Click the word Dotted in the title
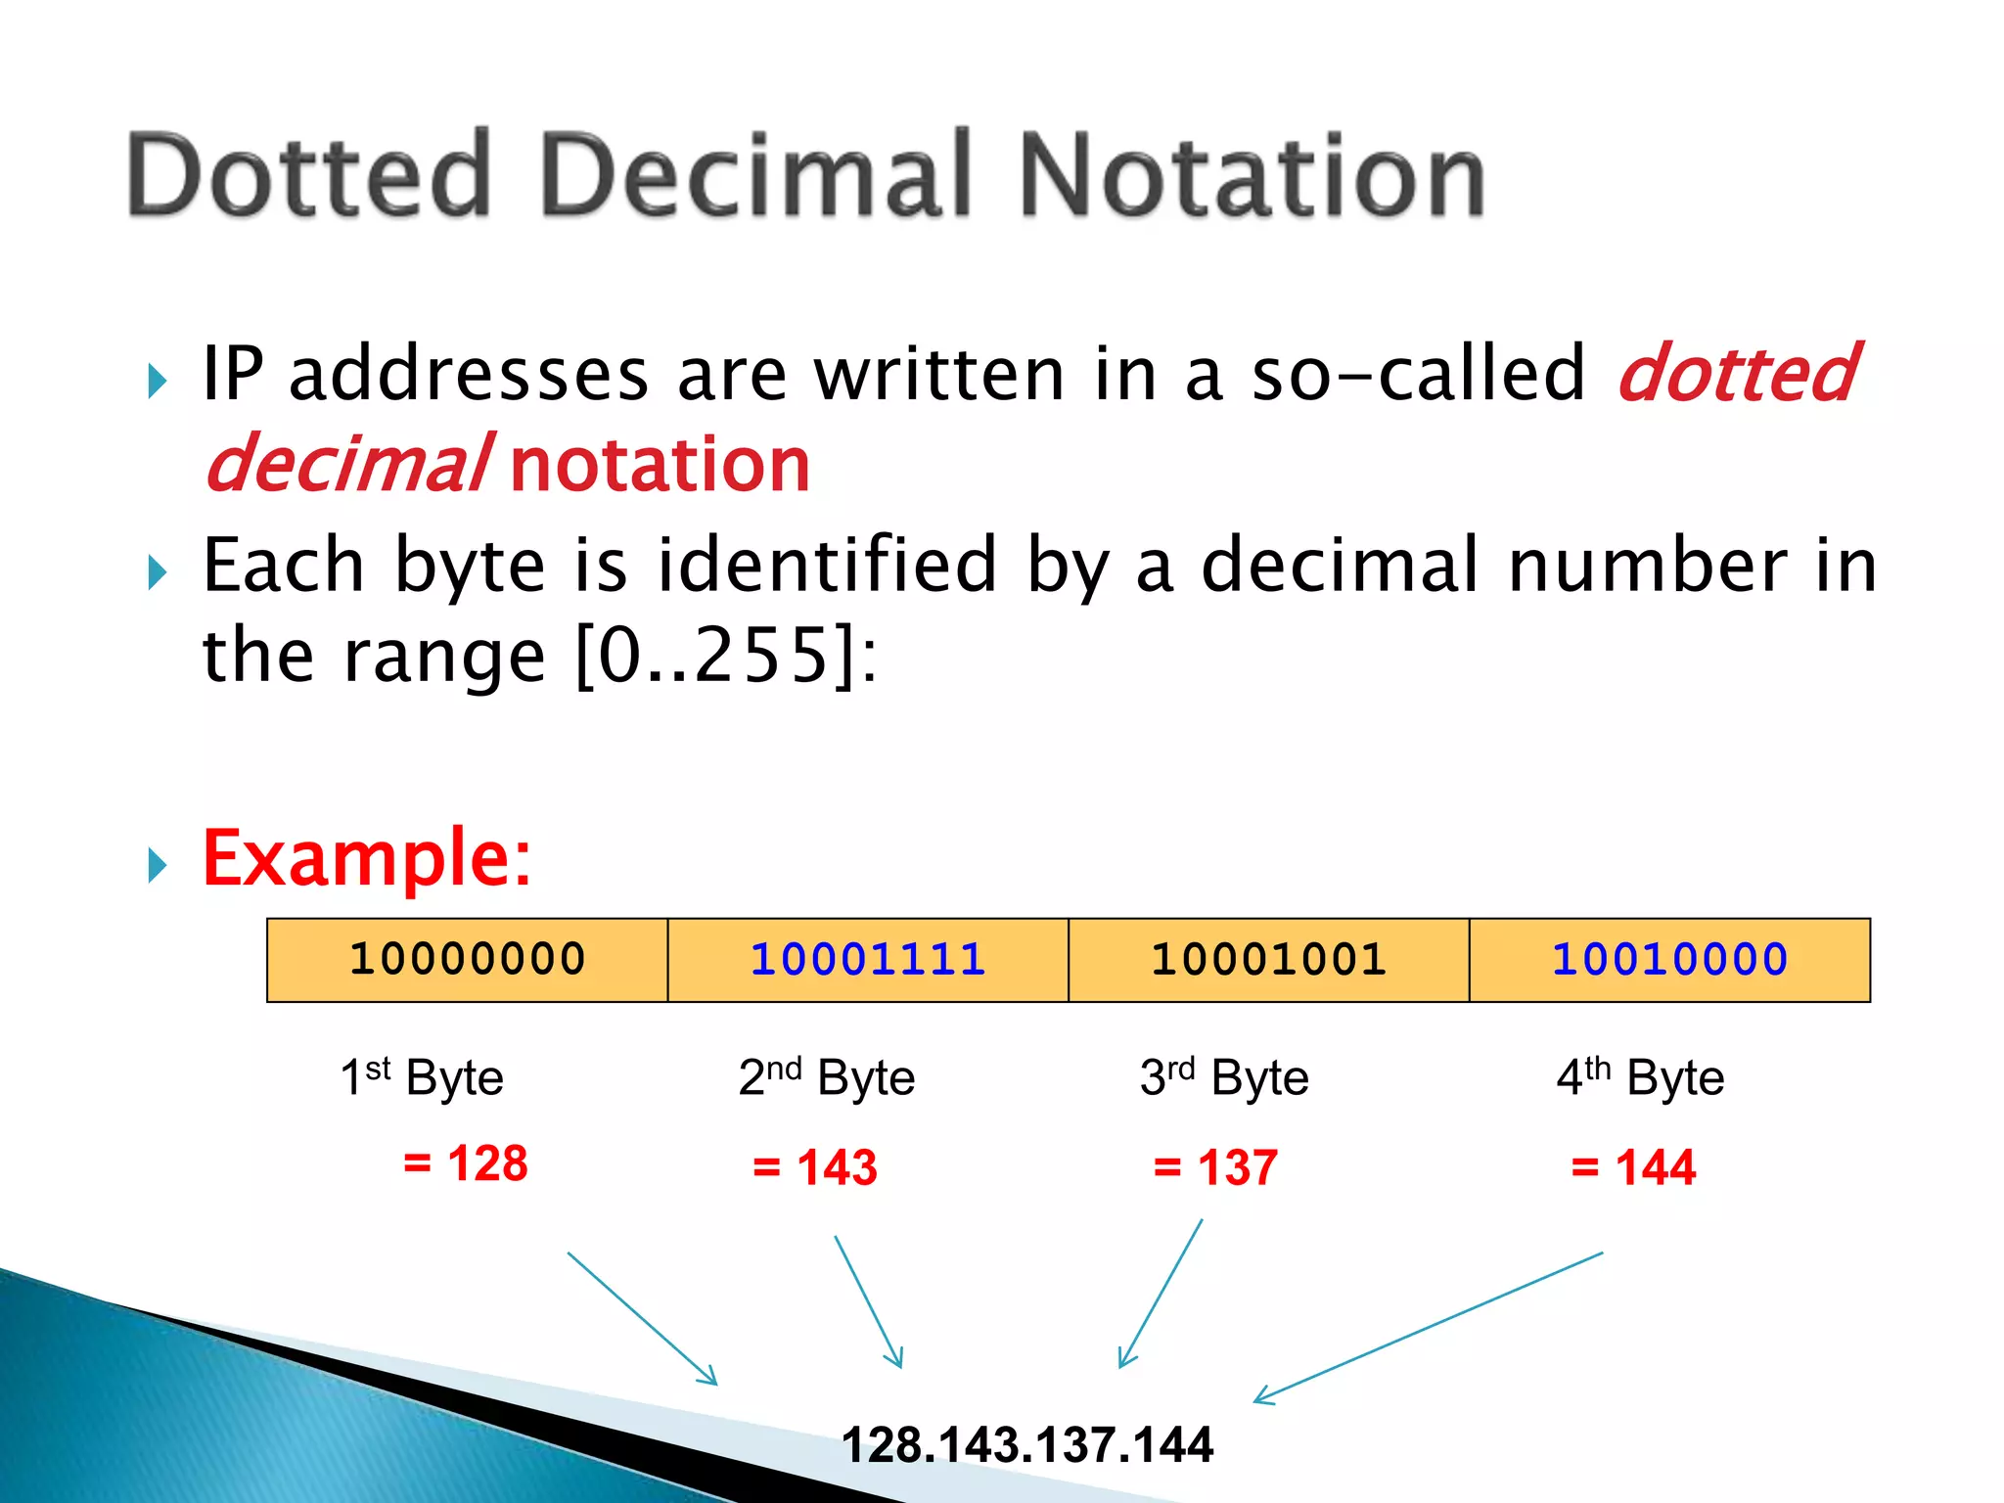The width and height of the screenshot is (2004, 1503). tap(309, 176)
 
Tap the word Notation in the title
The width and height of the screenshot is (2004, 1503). tap(1252, 176)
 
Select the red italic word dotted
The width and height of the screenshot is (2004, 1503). tap(1738, 374)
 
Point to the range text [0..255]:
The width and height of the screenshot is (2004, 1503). tap(726, 656)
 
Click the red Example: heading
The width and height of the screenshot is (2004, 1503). tap(366, 858)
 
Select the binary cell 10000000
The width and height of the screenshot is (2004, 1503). tap(468, 959)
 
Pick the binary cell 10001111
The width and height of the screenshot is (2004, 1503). tap(868, 959)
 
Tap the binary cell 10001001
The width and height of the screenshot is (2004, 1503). tap(1269, 959)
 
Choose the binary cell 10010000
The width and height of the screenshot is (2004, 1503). tap(1670, 959)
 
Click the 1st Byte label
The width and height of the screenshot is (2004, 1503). tap(422, 1077)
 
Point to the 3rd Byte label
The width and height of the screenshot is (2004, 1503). tap(1224, 1077)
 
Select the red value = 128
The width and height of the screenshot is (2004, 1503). tap(466, 1163)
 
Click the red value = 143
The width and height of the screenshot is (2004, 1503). tap(815, 1167)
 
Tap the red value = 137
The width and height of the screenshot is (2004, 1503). tap(1215, 1167)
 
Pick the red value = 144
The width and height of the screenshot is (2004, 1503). tap(1633, 1167)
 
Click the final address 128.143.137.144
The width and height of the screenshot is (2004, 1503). tap(1027, 1444)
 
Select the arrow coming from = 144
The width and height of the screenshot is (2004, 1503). tap(1429, 1327)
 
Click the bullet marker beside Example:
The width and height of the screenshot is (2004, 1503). tap(158, 865)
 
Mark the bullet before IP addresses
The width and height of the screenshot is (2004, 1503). tap(158, 381)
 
